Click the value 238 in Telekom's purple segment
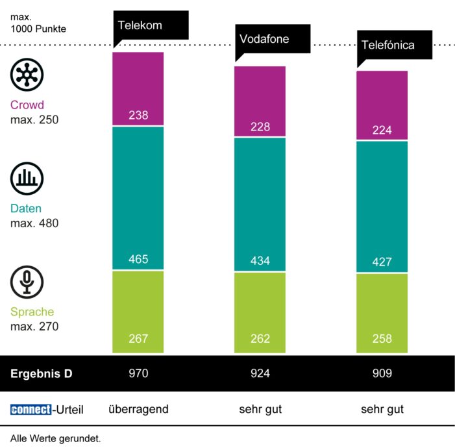pyautogui.click(x=138, y=116)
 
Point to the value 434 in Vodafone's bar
pyautogui.click(x=260, y=261)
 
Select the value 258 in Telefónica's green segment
pyautogui.click(x=382, y=339)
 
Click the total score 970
pyautogui.click(x=138, y=373)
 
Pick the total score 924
pyautogui.click(x=260, y=373)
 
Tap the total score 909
pyautogui.click(x=382, y=373)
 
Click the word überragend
pyautogui.click(x=138, y=409)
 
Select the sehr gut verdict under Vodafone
pyautogui.click(x=260, y=409)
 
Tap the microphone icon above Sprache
pyautogui.click(x=27, y=282)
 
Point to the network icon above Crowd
pyautogui.click(x=27, y=75)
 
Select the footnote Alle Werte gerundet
pyautogui.click(x=55, y=438)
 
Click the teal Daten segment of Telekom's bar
pyautogui.click(x=138, y=195)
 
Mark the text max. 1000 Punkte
pyautogui.click(x=38, y=23)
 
